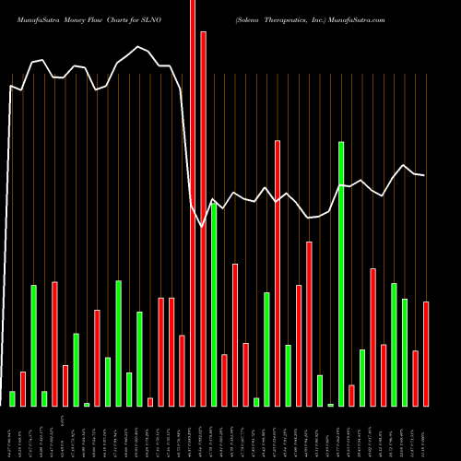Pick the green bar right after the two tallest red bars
pyautogui.click(x=214, y=304)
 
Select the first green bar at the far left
pyautogui.click(x=13, y=398)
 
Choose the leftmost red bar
pyautogui.click(x=23, y=388)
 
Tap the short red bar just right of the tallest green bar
pyautogui.click(x=351, y=395)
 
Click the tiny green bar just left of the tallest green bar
pyautogui.click(x=331, y=404)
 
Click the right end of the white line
pyautogui.click(x=424, y=175)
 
